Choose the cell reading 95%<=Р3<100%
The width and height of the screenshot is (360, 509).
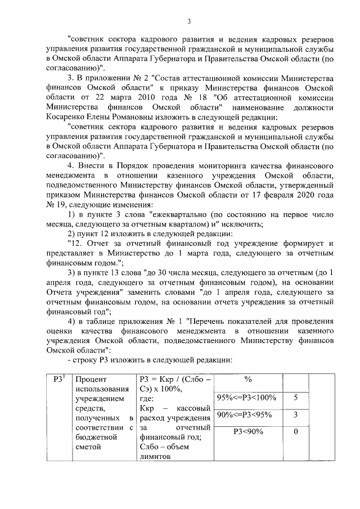tap(247, 398)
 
